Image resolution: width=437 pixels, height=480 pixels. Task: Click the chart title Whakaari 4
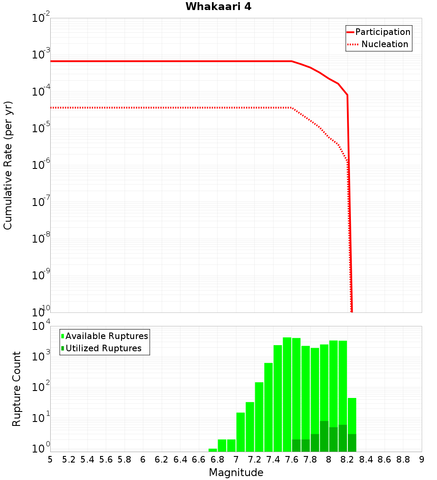(218, 7)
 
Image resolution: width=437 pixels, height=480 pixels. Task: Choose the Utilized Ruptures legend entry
(103, 349)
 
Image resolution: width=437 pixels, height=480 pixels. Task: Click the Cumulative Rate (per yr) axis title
(8, 165)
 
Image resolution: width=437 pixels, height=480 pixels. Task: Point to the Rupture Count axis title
(17, 389)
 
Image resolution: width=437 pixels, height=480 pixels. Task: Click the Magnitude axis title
(236, 473)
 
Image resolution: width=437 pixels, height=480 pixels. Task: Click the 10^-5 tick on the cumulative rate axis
(40, 128)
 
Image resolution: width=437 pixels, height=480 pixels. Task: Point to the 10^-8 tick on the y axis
(40, 239)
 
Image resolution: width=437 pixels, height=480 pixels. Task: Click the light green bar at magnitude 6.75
(213, 450)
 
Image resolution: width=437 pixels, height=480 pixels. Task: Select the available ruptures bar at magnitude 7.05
(240, 432)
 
